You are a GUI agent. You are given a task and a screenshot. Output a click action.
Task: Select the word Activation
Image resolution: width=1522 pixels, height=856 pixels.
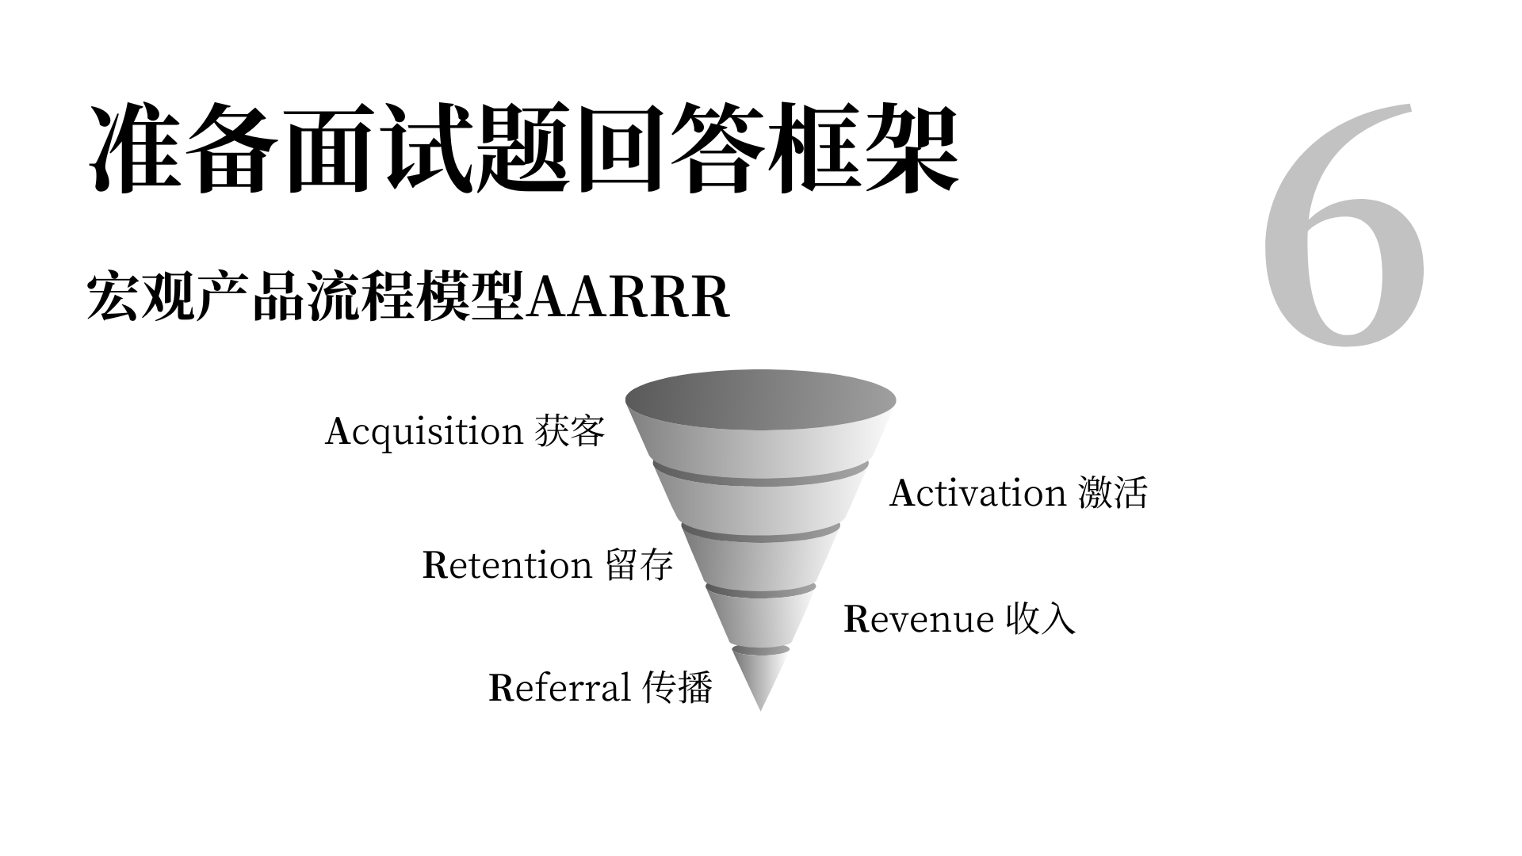[x=977, y=494]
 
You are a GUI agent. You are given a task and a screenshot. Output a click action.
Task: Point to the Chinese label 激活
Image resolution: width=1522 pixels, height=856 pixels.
[x=1113, y=493]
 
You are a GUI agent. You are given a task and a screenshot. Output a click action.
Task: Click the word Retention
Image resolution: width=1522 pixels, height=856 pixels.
[x=507, y=566]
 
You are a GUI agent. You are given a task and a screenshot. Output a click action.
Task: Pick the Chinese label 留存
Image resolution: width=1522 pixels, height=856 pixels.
[x=640, y=565]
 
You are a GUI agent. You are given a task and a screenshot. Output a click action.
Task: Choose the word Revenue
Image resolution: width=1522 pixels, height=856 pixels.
[x=918, y=619]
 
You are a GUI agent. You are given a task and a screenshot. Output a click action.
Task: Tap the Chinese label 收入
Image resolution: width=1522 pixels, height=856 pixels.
[x=1041, y=619]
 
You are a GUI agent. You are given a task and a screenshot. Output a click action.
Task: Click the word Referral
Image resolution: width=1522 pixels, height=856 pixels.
[x=560, y=688]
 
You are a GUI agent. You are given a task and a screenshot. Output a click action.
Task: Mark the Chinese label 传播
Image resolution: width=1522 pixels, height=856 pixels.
[x=678, y=687]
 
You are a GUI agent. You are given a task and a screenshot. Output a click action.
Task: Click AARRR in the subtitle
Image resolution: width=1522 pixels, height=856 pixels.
[x=627, y=298]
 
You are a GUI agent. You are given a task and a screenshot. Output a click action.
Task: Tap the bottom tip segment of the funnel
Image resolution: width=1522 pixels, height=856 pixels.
[x=760, y=678]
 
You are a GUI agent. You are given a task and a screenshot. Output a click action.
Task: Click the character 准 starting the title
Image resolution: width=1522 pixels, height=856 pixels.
[x=135, y=148]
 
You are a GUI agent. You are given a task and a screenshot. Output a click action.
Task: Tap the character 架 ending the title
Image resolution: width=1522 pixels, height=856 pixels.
[x=912, y=148]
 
